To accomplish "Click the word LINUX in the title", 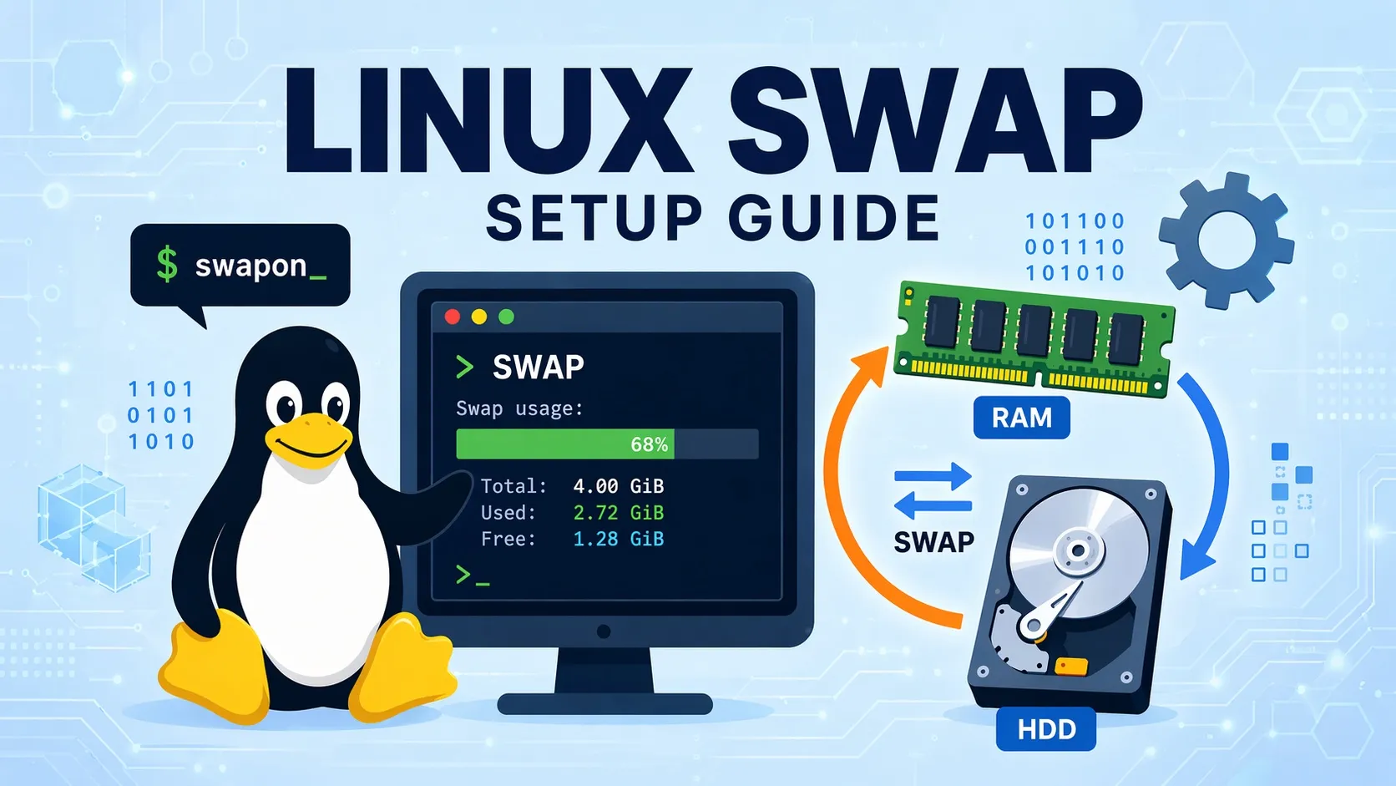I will coord(489,122).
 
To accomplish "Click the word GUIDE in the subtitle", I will coord(834,219).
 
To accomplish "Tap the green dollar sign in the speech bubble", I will coord(167,265).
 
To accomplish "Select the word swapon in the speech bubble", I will coord(250,266).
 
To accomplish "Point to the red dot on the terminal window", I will coord(453,317).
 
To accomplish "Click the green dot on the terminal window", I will coord(506,317).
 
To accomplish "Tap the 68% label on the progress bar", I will coord(649,444).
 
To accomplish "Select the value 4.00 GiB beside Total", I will coord(618,486).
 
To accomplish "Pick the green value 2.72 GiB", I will coord(618,513).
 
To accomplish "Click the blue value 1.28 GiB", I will coord(618,540).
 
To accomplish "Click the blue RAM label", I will coord(1021,418).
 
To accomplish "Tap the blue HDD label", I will coord(1046,729).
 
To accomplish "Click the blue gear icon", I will coord(1226,241).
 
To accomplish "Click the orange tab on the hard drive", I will coord(1071,667).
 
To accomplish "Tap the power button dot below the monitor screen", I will coord(604,632).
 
